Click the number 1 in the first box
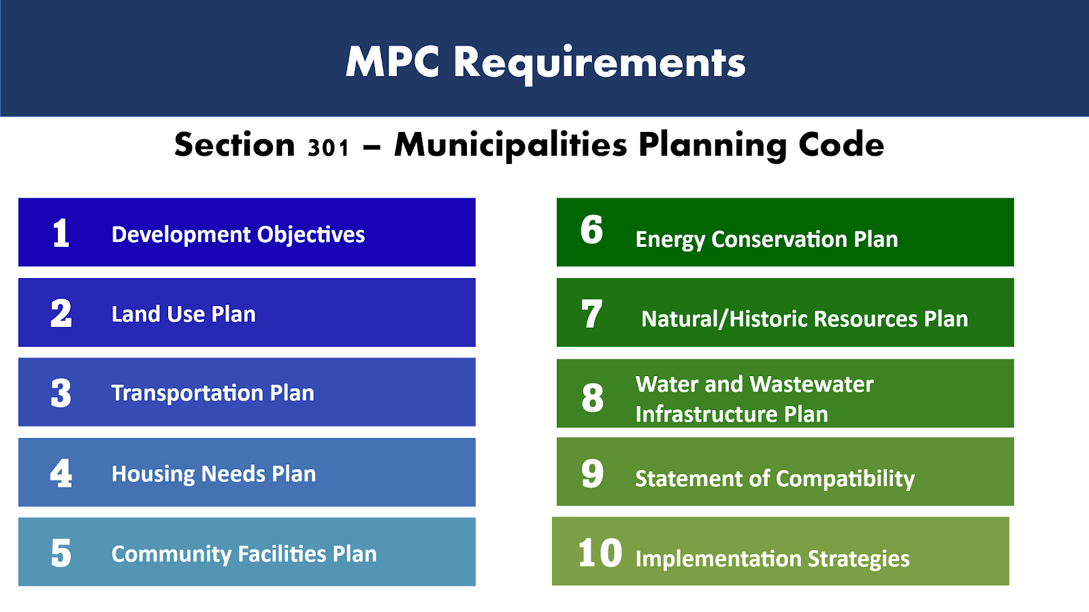click(x=61, y=233)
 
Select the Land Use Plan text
click(x=183, y=314)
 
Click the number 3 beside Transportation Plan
click(x=61, y=393)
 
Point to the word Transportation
click(x=187, y=393)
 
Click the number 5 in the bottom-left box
click(x=61, y=553)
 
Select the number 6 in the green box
click(x=591, y=230)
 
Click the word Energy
click(x=670, y=240)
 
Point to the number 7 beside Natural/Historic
click(x=591, y=314)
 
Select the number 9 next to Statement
click(x=592, y=473)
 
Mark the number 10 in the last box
click(x=600, y=553)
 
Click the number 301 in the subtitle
click(x=329, y=148)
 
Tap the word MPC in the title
click(x=392, y=63)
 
